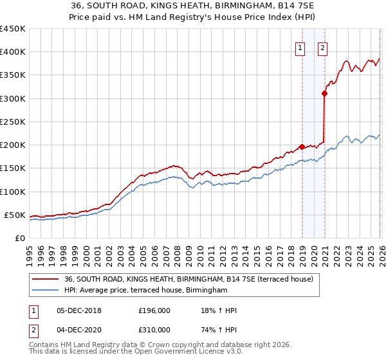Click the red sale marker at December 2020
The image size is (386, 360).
point(325,93)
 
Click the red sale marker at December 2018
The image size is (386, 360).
point(302,147)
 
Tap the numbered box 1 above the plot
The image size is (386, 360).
point(300,46)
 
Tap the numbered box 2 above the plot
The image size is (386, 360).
point(322,46)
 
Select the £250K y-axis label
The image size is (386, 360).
point(13,122)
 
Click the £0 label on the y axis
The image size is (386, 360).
point(20,238)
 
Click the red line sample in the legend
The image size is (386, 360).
point(45,279)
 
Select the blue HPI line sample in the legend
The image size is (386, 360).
point(45,291)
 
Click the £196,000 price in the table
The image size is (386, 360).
point(154,310)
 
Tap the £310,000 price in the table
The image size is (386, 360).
point(154,331)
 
